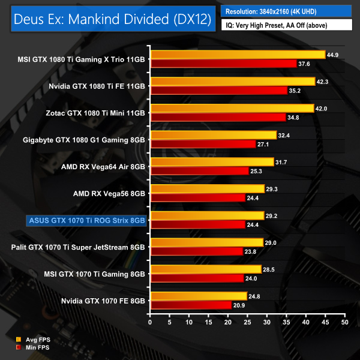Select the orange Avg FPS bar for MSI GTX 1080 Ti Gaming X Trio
(238, 55)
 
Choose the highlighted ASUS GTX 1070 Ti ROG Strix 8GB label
(87, 220)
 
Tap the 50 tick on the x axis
(344, 322)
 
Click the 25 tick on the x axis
(248, 322)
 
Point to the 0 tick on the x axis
(151, 322)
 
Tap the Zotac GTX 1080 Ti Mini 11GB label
(95, 113)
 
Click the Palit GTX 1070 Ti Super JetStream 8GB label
(79, 247)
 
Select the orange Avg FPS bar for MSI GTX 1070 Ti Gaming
(206, 269)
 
